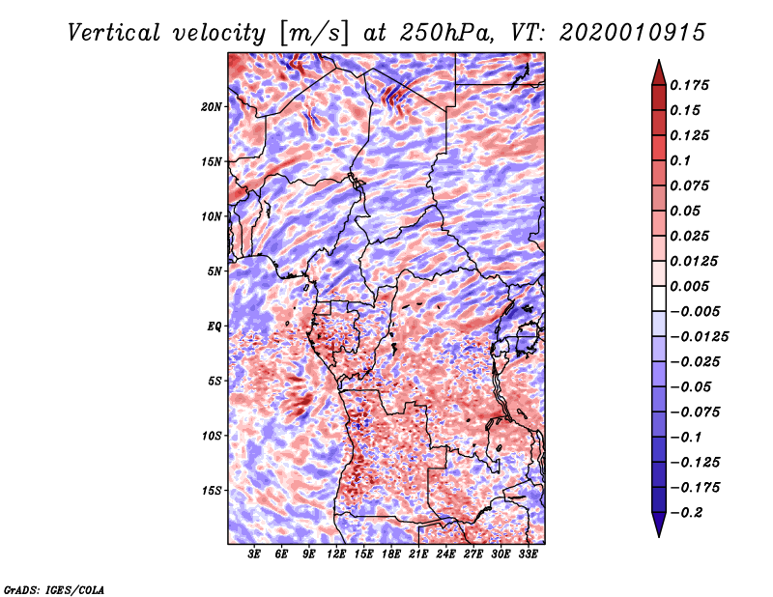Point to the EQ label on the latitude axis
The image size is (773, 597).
(x=215, y=327)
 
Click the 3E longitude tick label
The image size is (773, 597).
(x=255, y=554)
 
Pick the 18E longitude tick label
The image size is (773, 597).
(x=391, y=554)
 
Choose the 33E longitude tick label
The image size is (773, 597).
(x=529, y=554)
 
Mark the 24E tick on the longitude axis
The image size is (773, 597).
(x=446, y=554)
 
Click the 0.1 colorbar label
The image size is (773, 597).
(x=682, y=160)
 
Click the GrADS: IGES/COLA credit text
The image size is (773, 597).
(x=54, y=588)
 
